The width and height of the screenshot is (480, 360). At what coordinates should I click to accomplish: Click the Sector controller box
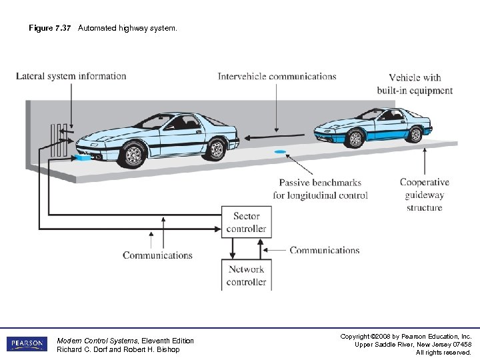coord(246,223)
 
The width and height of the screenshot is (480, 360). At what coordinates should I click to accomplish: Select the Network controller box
coord(246,275)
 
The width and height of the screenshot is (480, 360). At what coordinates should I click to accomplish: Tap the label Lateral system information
coord(71,76)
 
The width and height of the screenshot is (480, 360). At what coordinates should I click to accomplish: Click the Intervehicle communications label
coord(277,77)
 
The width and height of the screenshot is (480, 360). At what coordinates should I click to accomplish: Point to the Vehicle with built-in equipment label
coord(415,84)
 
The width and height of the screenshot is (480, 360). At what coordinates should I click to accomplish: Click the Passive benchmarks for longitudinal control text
coord(320,189)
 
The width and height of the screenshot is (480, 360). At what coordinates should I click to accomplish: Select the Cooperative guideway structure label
coord(424,195)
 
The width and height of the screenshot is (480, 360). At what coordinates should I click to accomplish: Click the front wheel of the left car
coord(134,155)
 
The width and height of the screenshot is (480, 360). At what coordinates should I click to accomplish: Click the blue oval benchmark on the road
coord(280,153)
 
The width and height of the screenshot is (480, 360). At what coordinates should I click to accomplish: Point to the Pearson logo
coord(27,344)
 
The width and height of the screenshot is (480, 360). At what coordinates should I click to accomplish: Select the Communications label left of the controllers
coord(157,255)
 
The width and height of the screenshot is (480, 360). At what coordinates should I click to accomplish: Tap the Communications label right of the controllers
coord(324,251)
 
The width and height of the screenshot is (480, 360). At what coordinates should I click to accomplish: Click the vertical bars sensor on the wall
coord(57,139)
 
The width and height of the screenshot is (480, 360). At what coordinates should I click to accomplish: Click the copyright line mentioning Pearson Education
coord(407,337)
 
